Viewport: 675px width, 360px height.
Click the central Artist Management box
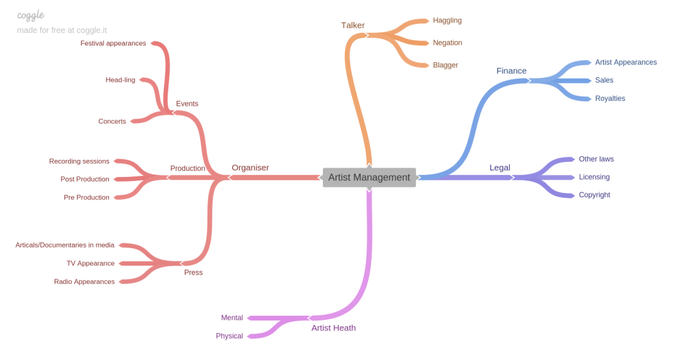click(x=369, y=177)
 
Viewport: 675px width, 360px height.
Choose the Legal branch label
click(x=499, y=167)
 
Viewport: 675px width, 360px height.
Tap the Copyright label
click(x=594, y=195)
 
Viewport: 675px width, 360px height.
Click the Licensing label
click(x=594, y=177)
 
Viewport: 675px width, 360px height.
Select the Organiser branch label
click(x=250, y=168)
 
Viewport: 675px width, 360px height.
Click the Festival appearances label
click(x=113, y=44)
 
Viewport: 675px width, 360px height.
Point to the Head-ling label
click(x=120, y=80)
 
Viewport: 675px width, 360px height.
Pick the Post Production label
click(x=85, y=179)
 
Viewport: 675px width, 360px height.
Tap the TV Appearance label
click(x=90, y=264)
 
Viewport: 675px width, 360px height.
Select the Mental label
click(x=232, y=318)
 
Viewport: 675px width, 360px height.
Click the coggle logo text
click(x=30, y=15)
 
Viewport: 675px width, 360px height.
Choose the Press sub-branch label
click(x=193, y=272)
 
